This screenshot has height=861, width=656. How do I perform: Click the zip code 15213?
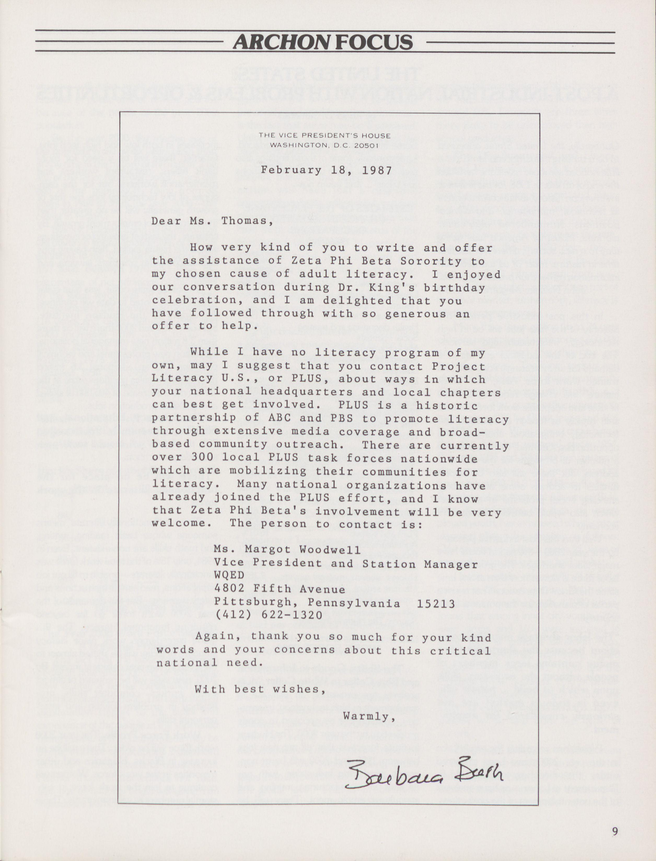pos(436,603)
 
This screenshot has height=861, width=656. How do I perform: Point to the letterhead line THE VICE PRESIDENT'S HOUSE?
pos(324,136)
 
